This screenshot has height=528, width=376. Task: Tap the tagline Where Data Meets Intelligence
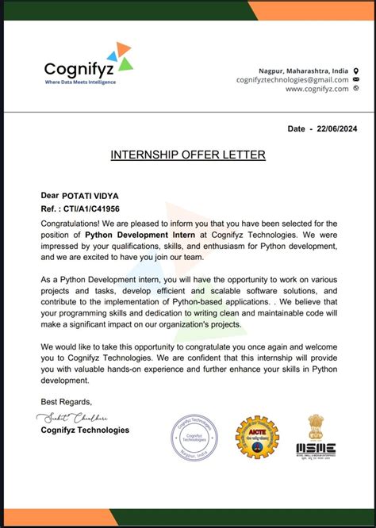point(80,82)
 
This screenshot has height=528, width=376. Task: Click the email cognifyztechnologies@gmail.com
point(293,80)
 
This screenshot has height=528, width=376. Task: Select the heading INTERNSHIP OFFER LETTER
point(188,155)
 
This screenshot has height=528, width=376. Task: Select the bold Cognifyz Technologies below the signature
point(84,430)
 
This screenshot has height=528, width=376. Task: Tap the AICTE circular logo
point(257,438)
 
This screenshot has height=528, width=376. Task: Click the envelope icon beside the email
point(355,80)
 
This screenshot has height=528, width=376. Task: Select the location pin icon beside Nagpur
point(355,71)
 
